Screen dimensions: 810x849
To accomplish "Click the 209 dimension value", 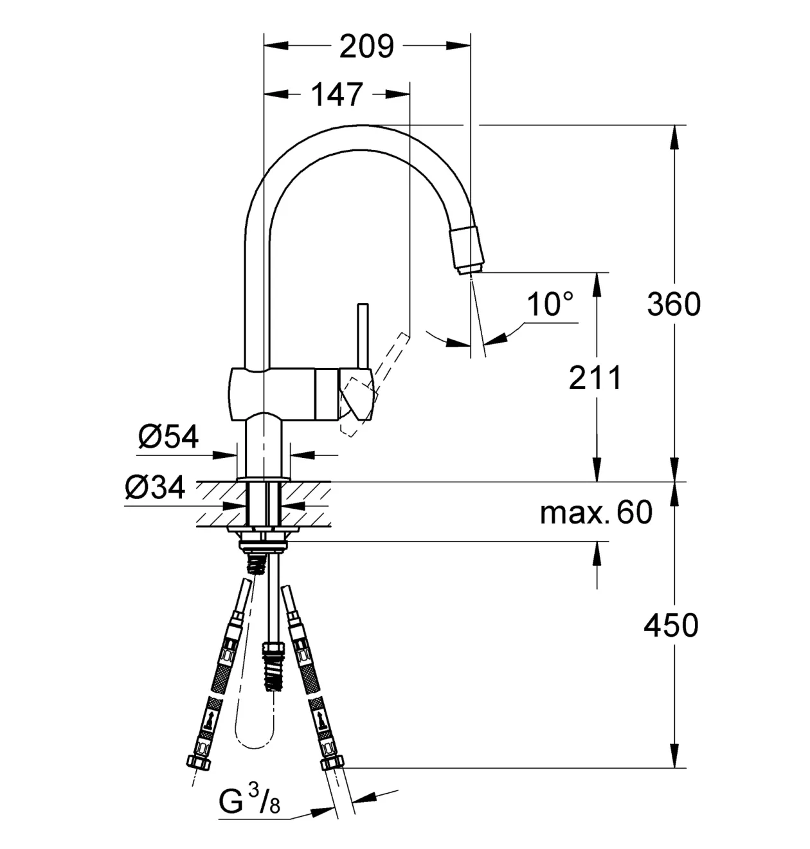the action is click(366, 46).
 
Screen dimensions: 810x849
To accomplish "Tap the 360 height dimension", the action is click(674, 304).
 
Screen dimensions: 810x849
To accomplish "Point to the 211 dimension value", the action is click(595, 378).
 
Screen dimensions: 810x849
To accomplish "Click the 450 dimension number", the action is click(671, 626).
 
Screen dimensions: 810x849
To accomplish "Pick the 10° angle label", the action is click(550, 304).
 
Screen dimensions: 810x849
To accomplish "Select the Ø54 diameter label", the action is click(168, 437).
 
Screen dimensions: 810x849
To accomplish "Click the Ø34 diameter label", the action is click(155, 488).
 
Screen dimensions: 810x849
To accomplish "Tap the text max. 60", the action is click(597, 513).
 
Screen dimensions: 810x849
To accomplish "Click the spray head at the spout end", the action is click(467, 250).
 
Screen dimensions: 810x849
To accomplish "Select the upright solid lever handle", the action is click(363, 336).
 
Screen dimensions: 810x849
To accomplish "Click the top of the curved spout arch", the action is click(363, 125).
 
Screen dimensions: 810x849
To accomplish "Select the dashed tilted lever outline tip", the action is click(404, 336).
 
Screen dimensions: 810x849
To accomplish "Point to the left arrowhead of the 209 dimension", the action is click(276, 46).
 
